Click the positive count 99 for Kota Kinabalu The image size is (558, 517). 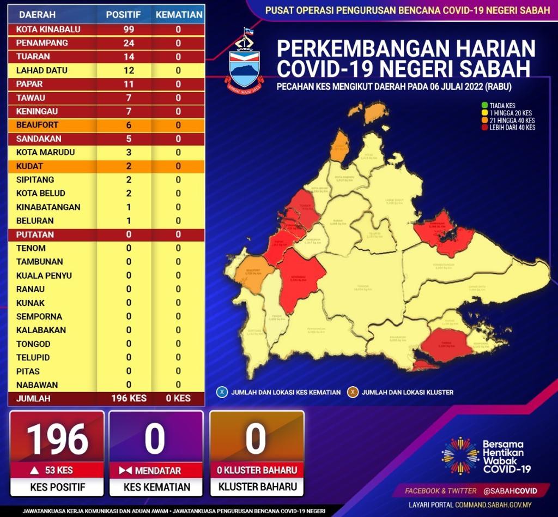pos(129,29)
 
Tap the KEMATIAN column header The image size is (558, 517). pos(179,15)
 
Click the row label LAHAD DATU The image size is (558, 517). pos(37,70)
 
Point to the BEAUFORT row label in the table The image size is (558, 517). pos(37,125)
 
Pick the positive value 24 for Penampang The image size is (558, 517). pos(129,43)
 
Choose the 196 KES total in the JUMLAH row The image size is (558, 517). pos(128,398)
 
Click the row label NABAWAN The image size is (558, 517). pos(37,384)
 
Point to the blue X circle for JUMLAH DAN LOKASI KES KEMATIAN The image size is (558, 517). pos(222,392)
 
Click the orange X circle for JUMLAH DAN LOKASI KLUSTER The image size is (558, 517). pos(353,392)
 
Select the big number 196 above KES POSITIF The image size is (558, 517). pos(57,439)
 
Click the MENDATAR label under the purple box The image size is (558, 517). pos(156,470)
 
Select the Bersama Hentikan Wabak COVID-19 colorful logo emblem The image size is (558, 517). pos(459,455)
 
